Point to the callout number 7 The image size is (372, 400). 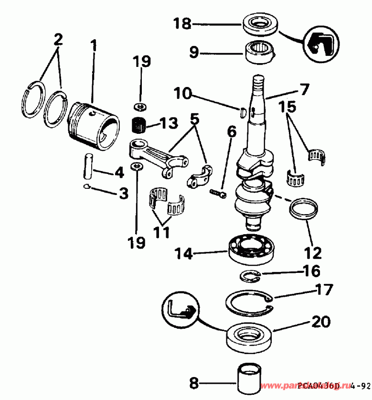coord(304,89)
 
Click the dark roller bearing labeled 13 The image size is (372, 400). coord(138,126)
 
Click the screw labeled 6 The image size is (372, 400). coord(218,193)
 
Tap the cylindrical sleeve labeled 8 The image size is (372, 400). coord(247,380)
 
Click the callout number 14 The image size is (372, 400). coord(184,253)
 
